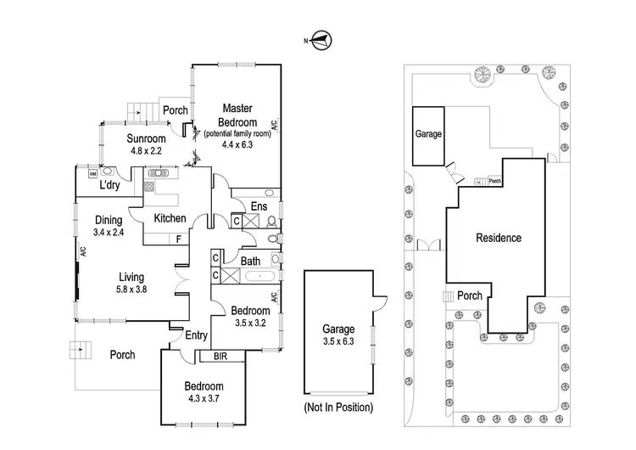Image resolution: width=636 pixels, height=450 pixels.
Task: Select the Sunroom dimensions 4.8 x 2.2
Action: (x=145, y=151)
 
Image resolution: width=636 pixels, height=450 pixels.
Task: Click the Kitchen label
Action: (x=170, y=218)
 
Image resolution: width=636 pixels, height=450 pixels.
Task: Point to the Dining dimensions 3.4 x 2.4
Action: (x=109, y=232)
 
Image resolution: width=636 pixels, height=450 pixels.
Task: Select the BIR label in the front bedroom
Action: (x=220, y=357)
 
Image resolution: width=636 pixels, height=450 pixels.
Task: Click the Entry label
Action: (x=196, y=335)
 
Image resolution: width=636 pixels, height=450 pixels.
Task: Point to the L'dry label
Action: (x=109, y=185)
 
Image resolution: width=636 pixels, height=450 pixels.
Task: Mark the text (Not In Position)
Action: (x=338, y=408)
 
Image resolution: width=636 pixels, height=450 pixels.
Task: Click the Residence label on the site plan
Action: (x=498, y=238)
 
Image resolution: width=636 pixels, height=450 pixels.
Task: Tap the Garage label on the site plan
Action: (x=427, y=134)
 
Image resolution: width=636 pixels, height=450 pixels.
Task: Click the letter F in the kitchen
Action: (x=178, y=239)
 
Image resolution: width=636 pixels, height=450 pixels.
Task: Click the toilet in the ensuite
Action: (x=270, y=222)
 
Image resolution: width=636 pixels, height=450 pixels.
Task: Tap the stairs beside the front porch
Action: (x=81, y=348)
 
